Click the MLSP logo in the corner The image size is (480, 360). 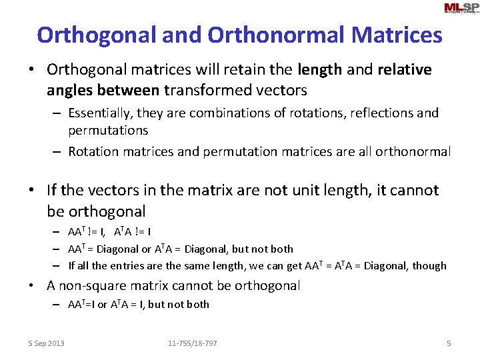(x=461, y=9)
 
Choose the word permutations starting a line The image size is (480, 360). (x=108, y=130)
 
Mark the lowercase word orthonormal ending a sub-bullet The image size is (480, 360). (x=413, y=152)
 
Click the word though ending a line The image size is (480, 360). (x=429, y=266)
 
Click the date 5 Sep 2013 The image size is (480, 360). (x=46, y=343)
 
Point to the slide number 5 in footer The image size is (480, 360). (x=449, y=343)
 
